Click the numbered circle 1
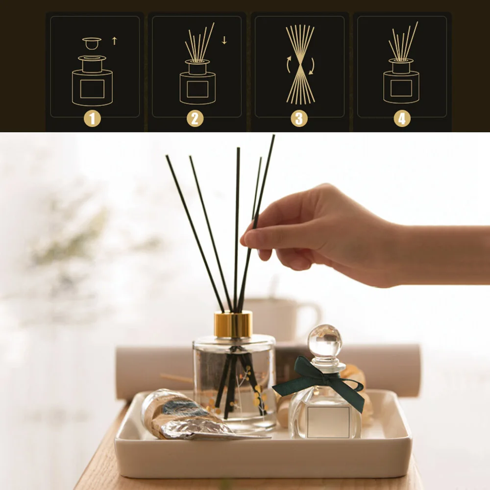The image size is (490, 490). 92,119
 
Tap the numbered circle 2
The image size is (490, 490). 195,119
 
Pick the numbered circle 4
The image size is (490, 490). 402,119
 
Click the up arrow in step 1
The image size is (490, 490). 115,41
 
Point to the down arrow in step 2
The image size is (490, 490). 224,41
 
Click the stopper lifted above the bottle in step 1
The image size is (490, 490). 92,44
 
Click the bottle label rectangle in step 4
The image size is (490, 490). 401,88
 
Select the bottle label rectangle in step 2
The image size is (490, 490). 197,89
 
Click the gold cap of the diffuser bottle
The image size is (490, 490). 233,324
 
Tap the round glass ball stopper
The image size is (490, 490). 324,341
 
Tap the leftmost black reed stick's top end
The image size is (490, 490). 168,157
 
